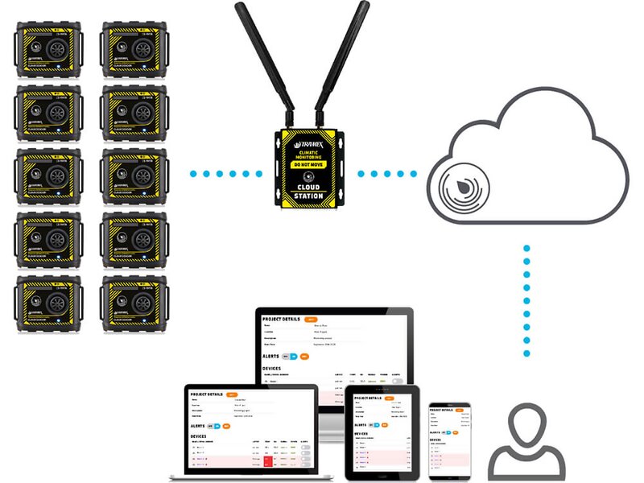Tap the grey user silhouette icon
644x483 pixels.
[527, 442]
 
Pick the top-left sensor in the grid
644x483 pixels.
[49, 50]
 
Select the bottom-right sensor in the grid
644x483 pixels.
[134, 303]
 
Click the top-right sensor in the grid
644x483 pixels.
[134, 50]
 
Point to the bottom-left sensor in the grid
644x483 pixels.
[49, 303]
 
